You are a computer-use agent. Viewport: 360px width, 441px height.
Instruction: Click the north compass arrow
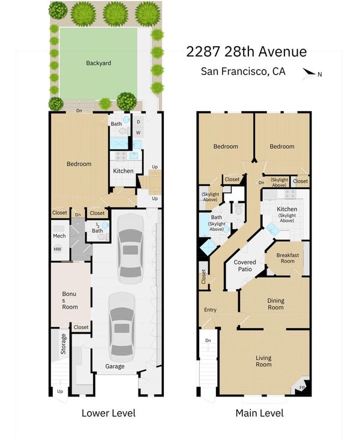coord(310,73)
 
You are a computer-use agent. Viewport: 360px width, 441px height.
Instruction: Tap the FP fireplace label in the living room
coord(302,388)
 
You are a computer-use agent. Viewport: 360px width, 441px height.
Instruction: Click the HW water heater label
coord(58,249)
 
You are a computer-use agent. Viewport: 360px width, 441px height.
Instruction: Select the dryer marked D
coord(139,122)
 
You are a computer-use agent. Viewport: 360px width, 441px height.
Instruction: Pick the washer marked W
coord(138,133)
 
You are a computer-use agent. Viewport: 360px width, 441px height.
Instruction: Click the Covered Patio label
coord(245,265)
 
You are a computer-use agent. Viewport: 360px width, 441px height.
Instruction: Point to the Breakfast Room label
coord(287,258)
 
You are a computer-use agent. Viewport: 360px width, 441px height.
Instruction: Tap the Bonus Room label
coord(70,301)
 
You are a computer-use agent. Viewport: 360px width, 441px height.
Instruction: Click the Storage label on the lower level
coord(63,344)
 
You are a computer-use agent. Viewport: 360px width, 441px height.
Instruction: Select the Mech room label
coord(59,236)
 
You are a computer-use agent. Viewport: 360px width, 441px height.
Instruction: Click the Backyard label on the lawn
coord(98,63)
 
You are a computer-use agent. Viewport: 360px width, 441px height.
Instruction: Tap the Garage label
coord(115,366)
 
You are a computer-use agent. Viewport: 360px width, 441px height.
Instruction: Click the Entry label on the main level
coord(210,310)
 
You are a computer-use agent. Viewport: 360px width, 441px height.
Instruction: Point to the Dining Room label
coord(275,304)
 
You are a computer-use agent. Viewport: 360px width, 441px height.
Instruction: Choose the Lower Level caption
coord(109,413)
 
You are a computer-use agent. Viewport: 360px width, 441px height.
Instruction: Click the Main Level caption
coord(260,413)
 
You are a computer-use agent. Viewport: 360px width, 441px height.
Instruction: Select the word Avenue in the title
coord(283,52)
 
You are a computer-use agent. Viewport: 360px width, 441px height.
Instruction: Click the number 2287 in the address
coord(203,52)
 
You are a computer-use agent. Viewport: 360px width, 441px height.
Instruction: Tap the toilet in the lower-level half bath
coord(102,237)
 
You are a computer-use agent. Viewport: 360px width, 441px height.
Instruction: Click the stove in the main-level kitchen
coord(290,194)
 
